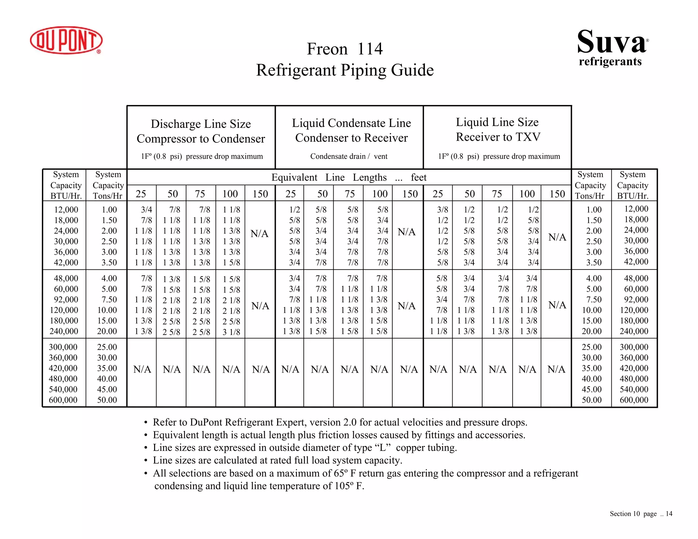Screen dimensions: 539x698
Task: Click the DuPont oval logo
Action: point(66,40)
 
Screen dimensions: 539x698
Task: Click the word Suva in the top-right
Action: point(611,42)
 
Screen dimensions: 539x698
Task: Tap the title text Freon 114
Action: point(345,49)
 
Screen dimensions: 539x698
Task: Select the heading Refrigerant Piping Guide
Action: point(345,70)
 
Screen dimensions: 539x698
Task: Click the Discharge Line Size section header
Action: point(201,124)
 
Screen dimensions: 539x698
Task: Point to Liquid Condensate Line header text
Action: point(351,123)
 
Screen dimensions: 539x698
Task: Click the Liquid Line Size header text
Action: point(497,122)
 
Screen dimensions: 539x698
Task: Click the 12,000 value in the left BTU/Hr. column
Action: point(66,210)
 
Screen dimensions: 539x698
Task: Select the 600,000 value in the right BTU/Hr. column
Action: point(634,400)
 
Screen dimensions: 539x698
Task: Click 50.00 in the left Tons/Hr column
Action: point(107,400)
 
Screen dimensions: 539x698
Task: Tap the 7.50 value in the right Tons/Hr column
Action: point(594,299)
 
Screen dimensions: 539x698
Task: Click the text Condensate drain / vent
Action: point(349,156)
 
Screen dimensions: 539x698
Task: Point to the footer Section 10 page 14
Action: point(641,514)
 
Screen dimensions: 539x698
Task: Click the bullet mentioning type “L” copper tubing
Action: point(305,448)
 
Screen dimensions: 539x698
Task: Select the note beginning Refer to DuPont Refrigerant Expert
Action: point(340,422)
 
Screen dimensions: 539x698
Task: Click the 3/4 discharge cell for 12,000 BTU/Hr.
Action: point(147,210)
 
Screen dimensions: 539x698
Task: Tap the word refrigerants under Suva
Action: point(610,62)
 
